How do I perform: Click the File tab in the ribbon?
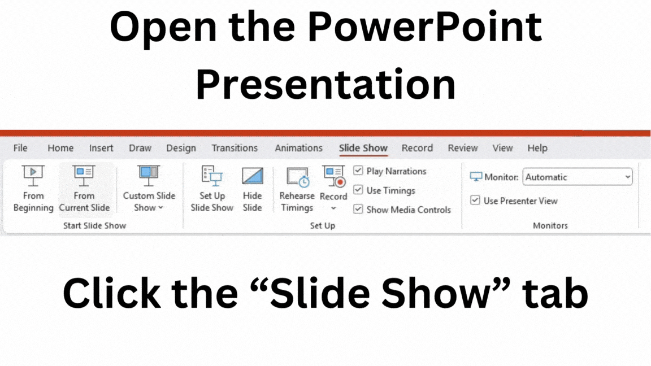coord(20,148)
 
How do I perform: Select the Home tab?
coord(60,148)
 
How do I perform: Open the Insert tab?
coord(101,148)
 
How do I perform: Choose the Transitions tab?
coord(235,148)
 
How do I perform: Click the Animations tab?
coord(298,148)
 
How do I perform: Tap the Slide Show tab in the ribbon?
coord(363,148)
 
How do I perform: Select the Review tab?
coord(463,148)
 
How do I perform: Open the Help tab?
coord(537,148)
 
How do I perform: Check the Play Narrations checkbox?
coord(358,171)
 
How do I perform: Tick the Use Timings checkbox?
coord(358,190)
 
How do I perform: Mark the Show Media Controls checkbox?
coord(358,209)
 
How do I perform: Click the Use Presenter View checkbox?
coord(475,201)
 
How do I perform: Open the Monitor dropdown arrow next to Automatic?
coord(627,177)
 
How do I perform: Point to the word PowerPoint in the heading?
coord(424,27)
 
